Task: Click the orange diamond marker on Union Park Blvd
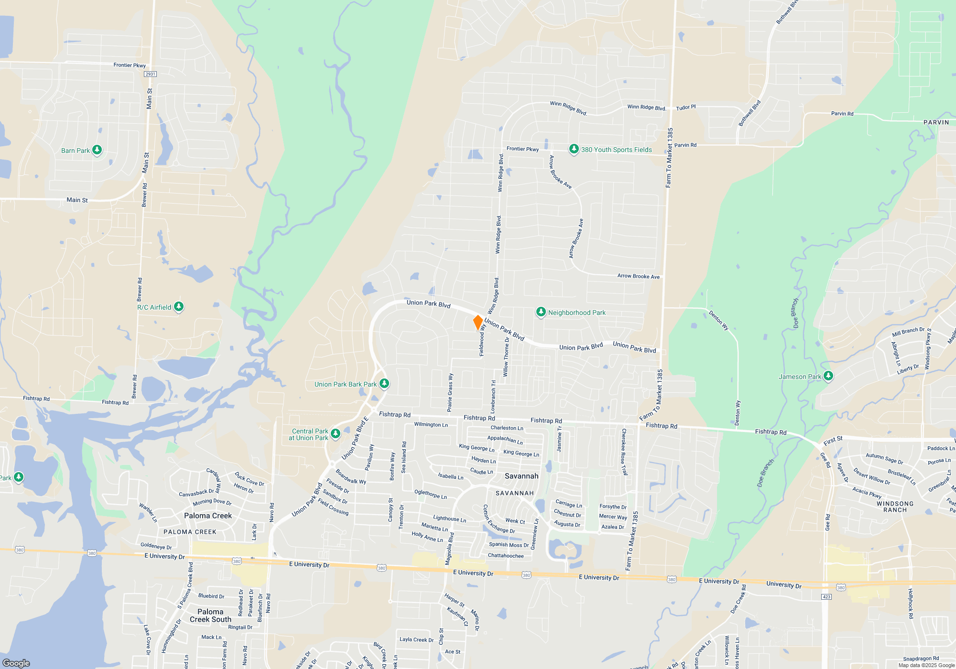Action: [478, 322]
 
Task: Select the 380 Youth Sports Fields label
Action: [616, 150]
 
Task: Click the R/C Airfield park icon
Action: [179, 307]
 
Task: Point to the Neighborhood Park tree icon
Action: [541, 313]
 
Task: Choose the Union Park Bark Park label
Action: [345, 384]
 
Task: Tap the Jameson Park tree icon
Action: [828, 377]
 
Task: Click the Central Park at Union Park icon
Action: [336, 434]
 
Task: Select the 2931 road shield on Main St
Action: [150, 74]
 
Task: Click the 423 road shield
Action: [826, 597]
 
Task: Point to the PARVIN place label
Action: [936, 122]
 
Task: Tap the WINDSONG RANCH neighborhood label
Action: [895, 507]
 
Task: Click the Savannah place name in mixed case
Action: [521, 476]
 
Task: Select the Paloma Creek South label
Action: [210, 615]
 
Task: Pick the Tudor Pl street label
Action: [685, 108]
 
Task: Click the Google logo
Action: [16, 663]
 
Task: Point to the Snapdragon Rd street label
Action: [921, 658]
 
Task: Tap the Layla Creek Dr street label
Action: [416, 639]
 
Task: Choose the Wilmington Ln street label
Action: [431, 424]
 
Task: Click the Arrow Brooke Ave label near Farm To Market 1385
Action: [638, 276]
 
